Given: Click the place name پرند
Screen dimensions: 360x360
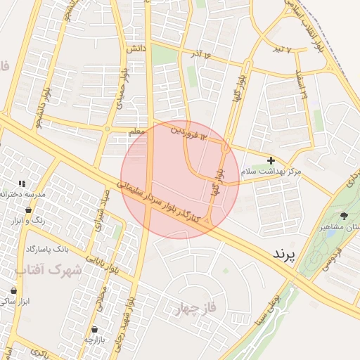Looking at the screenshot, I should point(283,252).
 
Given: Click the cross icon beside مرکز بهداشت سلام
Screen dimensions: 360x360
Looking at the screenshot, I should point(271,161).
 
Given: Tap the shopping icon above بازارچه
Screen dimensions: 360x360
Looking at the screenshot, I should point(94,329).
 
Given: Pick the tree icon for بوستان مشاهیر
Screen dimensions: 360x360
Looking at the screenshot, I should point(344,216).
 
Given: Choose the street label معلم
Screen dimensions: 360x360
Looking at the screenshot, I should point(137,131).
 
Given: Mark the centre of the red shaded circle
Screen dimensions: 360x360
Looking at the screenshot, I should point(180,180).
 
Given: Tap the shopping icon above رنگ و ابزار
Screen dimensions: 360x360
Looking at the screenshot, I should point(28,210).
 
